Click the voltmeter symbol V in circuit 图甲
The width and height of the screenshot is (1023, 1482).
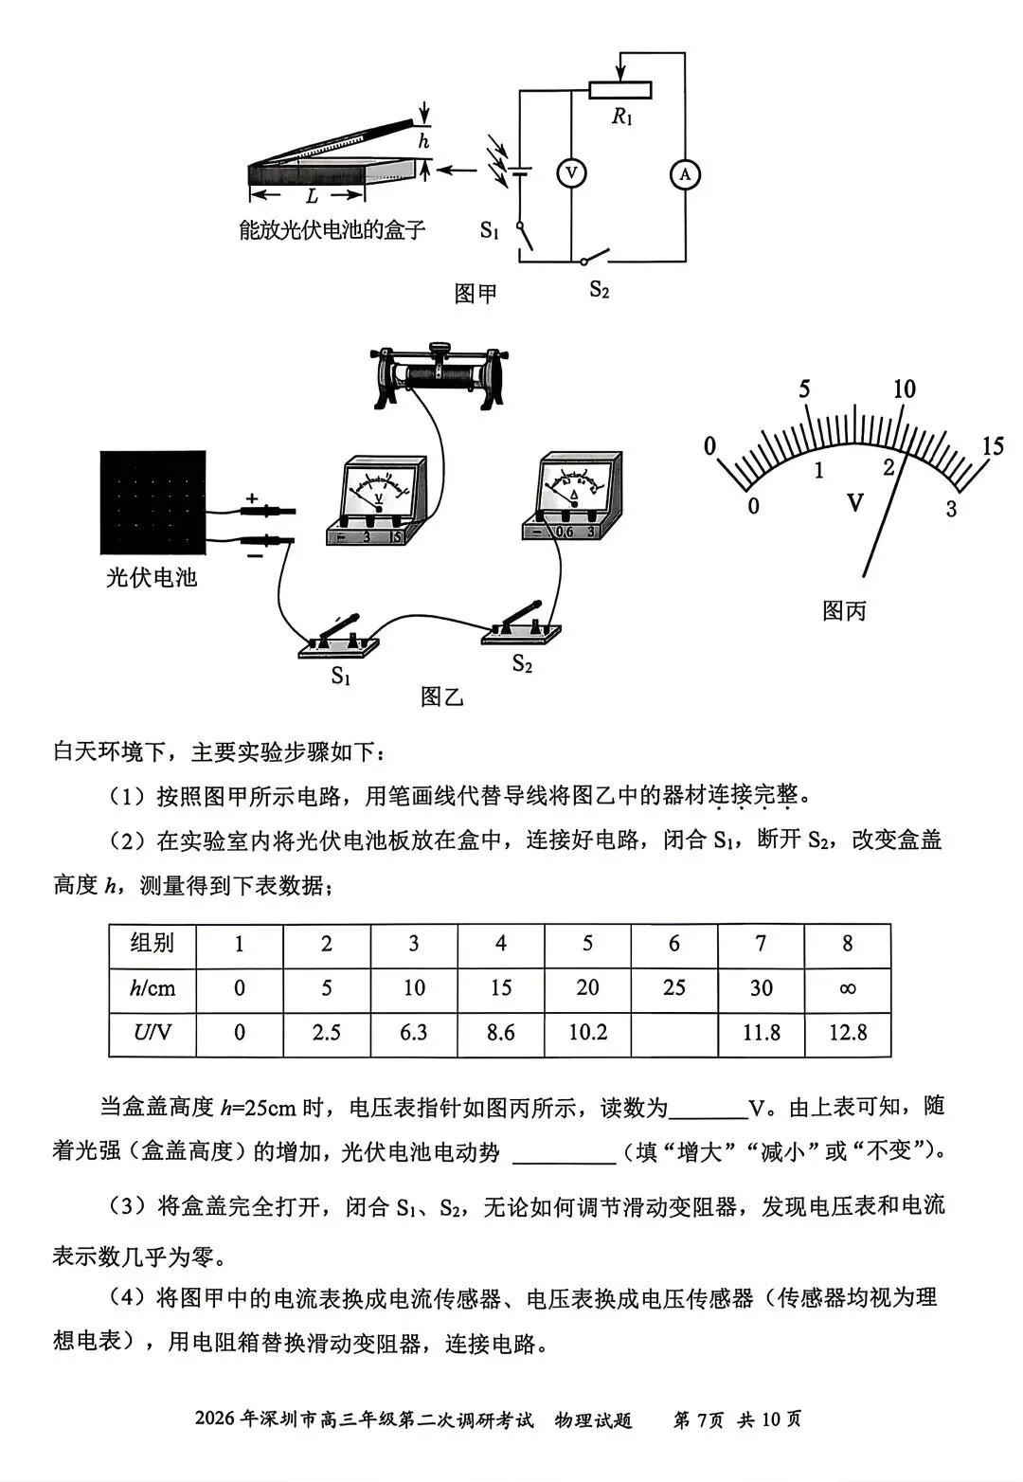click(x=571, y=173)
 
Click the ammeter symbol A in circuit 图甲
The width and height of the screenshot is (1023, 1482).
click(x=685, y=174)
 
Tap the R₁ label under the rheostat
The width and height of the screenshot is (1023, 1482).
click(x=621, y=117)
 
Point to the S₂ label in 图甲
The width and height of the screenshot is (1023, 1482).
click(x=599, y=289)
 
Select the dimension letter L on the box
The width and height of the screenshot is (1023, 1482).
click(x=312, y=196)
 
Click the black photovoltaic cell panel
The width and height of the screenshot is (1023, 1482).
click(x=153, y=502)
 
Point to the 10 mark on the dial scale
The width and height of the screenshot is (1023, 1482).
click(x=904, y=389)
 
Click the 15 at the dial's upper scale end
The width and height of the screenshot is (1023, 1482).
click(x=992, y=445)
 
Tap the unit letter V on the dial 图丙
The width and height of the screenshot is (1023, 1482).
click(x=854, y=501)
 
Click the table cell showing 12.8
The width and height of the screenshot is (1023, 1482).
click(x=847, y=1032)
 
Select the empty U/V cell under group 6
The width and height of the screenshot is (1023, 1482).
click(x=673, y=1032)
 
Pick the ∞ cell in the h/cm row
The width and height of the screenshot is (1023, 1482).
click(x=847, y=988)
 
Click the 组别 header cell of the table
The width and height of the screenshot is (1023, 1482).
click(x=153, y=944)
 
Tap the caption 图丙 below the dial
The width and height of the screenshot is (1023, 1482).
click(x=844, y=610)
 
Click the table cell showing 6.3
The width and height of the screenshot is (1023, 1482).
click(x=413, y=1032)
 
